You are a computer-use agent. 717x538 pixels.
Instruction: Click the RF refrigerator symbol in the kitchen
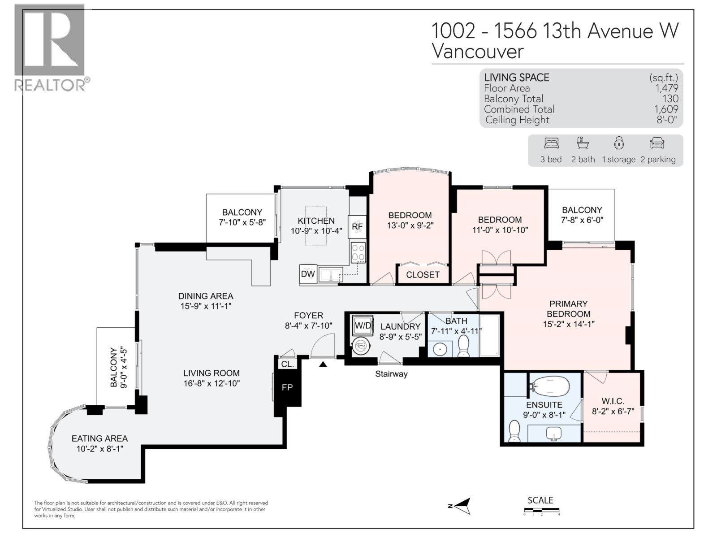357,226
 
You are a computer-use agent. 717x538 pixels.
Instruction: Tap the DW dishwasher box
308,274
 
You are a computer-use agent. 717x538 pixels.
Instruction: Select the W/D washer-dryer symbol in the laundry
363,325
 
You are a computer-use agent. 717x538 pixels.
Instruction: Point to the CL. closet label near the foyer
287,364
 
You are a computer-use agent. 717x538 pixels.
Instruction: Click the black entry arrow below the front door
323,364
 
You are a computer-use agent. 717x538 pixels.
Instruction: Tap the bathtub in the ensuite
550,386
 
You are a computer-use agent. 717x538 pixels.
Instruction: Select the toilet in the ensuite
514,431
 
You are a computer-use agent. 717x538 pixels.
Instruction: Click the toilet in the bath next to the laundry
463,346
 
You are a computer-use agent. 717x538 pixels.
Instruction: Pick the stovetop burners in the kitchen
358,252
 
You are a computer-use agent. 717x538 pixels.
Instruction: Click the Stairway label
391,374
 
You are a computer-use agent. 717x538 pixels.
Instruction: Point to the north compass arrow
461,506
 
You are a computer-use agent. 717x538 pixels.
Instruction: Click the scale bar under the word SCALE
542,510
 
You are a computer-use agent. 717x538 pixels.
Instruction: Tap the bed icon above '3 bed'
551,143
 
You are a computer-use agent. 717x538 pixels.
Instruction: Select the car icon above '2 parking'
657,143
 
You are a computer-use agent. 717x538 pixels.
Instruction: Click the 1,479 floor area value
667,88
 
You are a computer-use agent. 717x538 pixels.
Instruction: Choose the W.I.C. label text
613,401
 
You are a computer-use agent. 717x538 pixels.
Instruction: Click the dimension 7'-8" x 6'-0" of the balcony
582,220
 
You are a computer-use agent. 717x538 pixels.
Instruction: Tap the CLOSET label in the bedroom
423,275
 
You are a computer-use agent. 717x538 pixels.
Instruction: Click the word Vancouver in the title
478,52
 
